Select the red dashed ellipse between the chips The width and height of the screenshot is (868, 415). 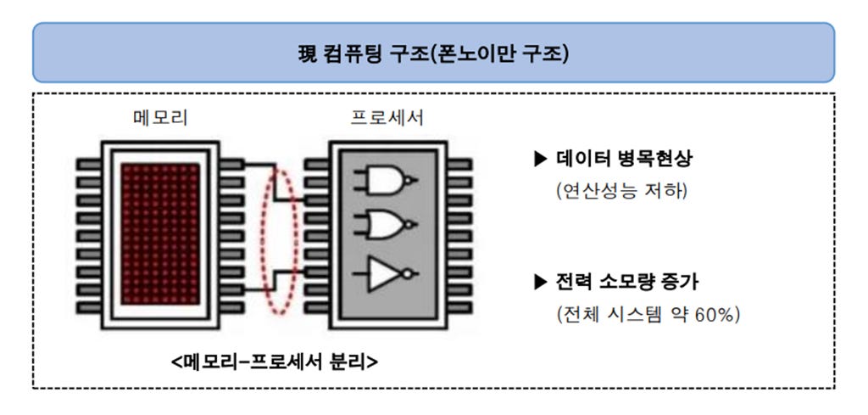[281, 235]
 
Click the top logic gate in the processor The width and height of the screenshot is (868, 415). [387, 179]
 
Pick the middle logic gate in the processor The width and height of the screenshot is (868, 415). [387, 224]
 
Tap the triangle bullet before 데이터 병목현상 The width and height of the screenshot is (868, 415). [541, 159]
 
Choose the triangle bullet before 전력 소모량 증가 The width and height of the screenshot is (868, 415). [541, 282]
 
